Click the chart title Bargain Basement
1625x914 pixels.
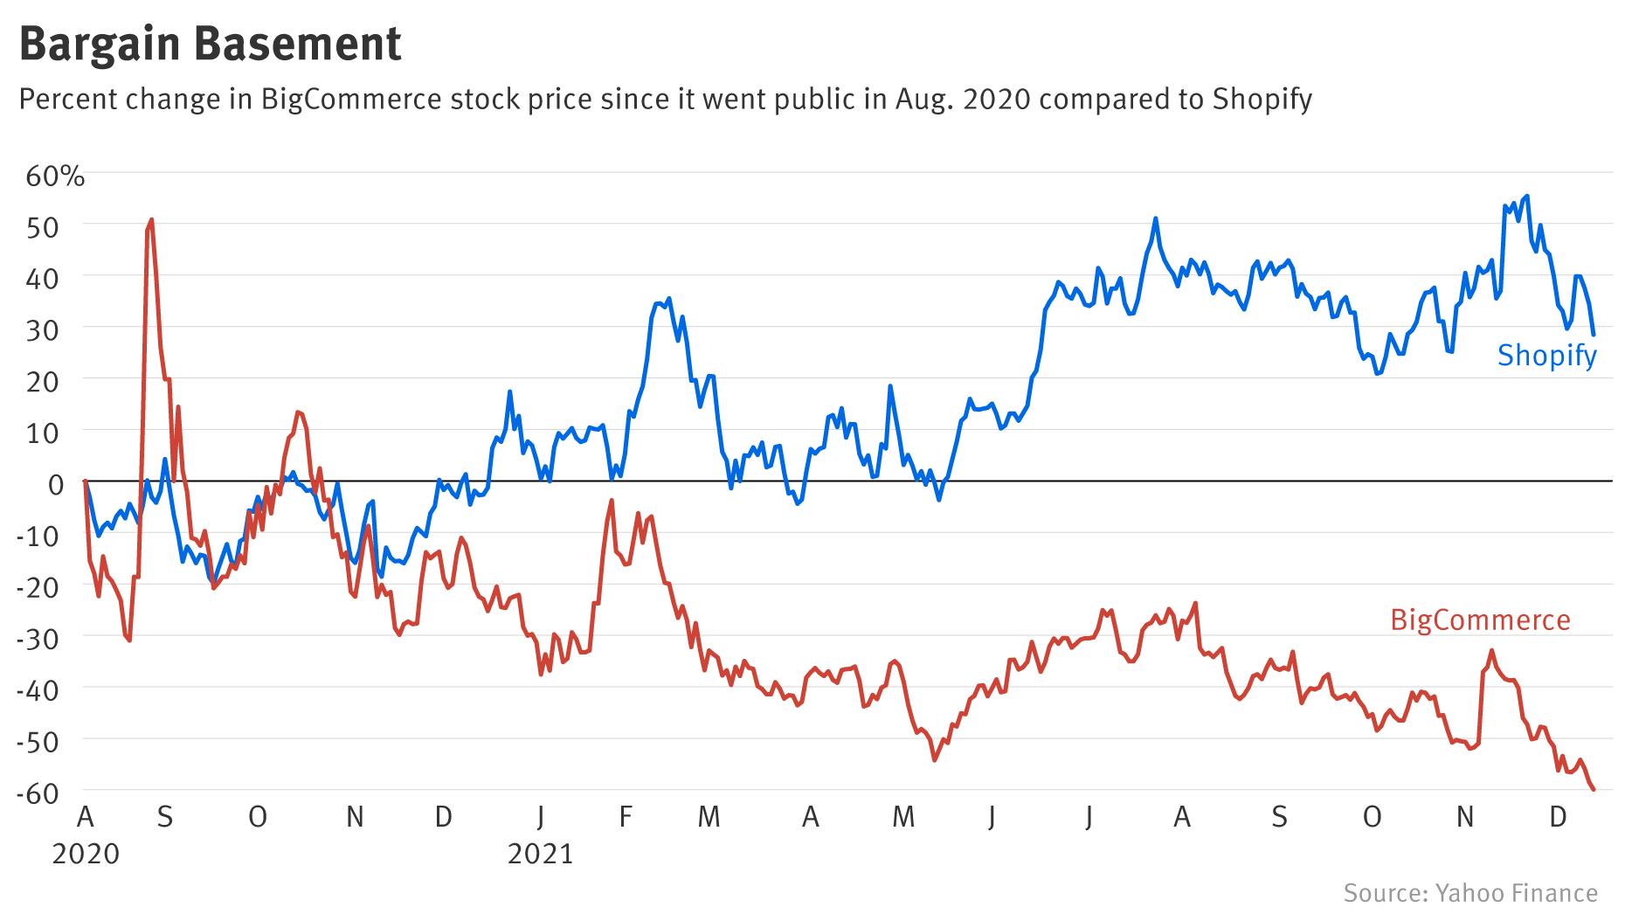click(210, 44)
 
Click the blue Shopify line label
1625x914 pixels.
click(1546, 356)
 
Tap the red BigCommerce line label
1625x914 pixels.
click(1480, 620)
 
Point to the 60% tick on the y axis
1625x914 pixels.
click(55, 177)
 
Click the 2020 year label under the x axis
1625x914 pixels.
click(86, 853)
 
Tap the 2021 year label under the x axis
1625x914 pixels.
click(540, 853)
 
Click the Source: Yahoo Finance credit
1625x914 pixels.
click(1470, 893)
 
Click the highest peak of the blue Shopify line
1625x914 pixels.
click(1526, 196)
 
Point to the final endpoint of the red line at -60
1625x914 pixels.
click(1594, 790)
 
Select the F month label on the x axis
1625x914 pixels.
click(625, 817)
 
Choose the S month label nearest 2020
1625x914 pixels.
click(164, 817)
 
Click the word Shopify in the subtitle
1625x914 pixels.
click(1262, 100)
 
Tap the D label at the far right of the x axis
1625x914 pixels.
click(1557, 817)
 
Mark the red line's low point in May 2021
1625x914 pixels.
click(934, 760)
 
